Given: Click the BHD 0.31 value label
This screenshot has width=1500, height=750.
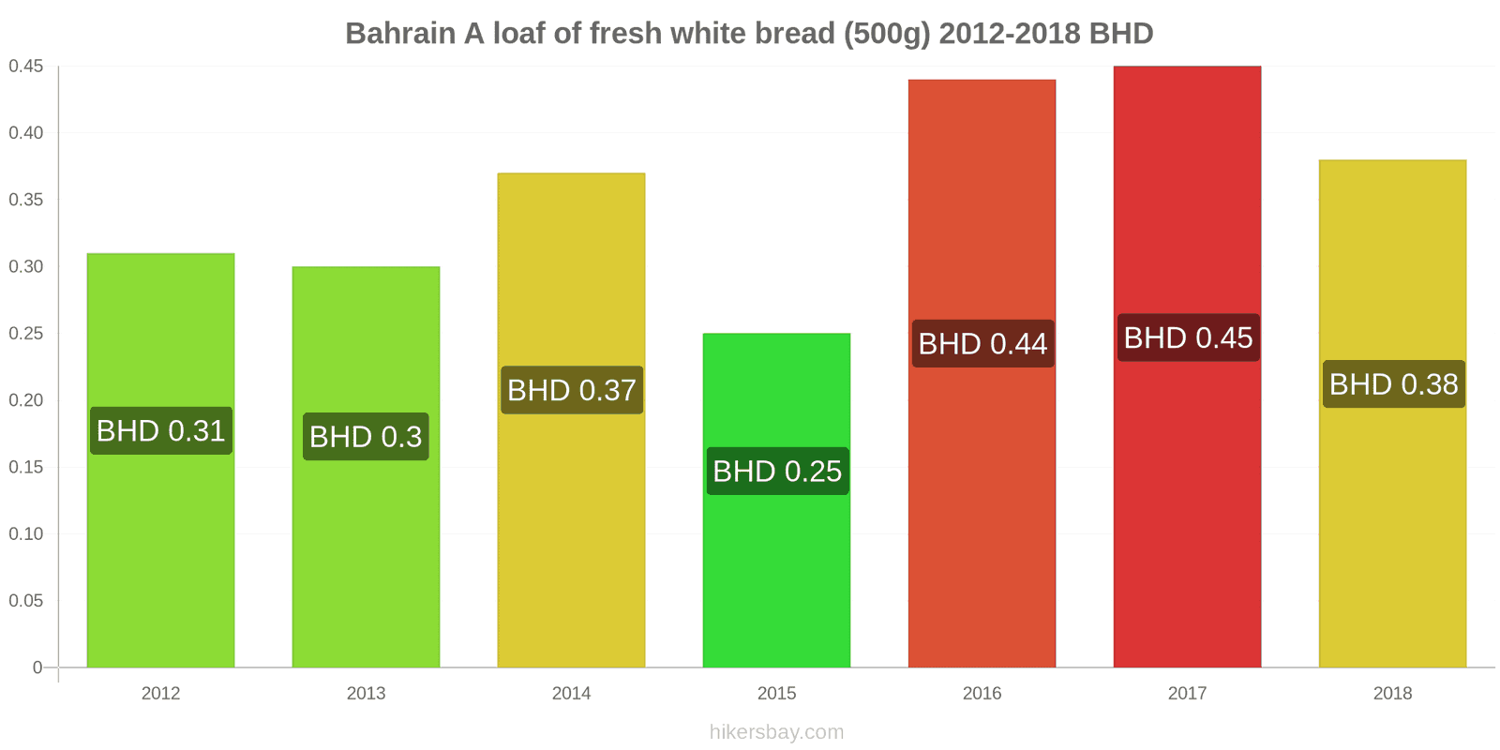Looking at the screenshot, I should tap(160, 431).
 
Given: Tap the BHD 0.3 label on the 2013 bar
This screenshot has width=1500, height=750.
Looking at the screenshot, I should tap(366, 437).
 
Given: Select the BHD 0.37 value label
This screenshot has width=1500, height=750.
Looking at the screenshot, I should tap(572, 390).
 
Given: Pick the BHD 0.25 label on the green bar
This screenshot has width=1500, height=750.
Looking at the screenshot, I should tap(777, 471).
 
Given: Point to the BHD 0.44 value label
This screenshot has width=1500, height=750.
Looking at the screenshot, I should tap(982, 344).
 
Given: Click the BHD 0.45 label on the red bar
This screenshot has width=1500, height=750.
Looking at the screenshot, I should tap(1188, 337).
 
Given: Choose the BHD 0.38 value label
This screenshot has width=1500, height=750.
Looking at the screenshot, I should tap(1393, 384).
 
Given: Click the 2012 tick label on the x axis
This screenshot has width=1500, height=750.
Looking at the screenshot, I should tap(160, 694).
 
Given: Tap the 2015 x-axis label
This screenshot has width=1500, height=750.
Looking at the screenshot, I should tap(776, 694).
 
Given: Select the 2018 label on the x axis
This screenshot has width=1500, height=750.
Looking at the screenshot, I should tap(1392, 694).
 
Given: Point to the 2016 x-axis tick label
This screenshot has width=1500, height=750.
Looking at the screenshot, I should tap(982, 694).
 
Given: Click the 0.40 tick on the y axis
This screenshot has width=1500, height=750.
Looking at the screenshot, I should tap(26, 133).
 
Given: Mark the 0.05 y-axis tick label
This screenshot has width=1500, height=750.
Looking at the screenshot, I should tap(26, 601).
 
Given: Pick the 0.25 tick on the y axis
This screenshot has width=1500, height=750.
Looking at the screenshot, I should tap(26, 334).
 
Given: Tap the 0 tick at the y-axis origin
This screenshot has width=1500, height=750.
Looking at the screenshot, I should tap(37, 667).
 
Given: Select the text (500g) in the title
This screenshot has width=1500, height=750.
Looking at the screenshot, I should tap(887, 34).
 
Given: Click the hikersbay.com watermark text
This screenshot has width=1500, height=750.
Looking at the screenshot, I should tap(776, 732).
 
